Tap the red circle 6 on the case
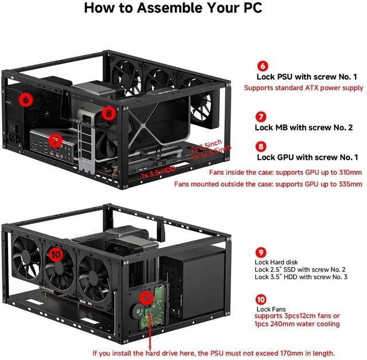[26, 99]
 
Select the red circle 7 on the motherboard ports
[55, 139]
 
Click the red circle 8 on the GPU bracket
[109, 114]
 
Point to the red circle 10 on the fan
[56, 252]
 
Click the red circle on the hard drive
[147, 298]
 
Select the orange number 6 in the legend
[261, 66]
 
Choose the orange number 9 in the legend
[261, 252]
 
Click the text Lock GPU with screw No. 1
[307, 156]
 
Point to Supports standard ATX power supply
[303, 88]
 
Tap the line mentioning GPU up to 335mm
[303, 184]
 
